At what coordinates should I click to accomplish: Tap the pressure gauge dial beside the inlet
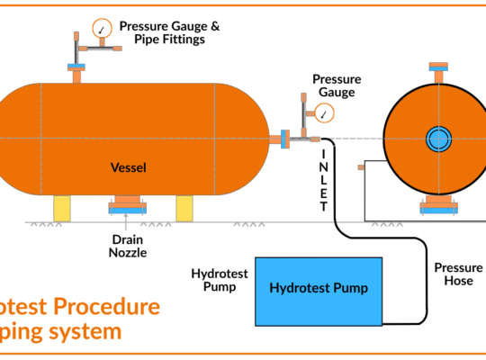pos(325,113)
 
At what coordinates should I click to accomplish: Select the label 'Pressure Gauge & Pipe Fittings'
pos(168,32)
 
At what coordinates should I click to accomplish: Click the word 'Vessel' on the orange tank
pos(129,167)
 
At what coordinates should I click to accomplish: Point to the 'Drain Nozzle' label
pos(129,246)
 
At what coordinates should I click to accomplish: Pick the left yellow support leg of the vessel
pos(61,208)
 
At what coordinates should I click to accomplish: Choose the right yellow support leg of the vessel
pos(184,208)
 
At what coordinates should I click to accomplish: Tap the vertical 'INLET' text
pos(324,180)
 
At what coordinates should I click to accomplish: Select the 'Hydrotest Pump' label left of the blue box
pos(214,280)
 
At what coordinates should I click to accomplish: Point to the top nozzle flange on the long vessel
pos(74,67)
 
